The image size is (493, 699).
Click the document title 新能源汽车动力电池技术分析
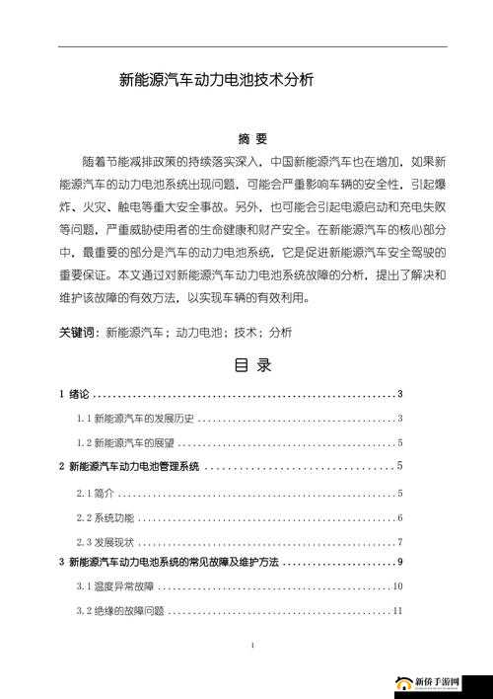coord(217,81)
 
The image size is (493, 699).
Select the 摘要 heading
coord(252,138)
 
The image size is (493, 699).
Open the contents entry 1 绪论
coord(74,395)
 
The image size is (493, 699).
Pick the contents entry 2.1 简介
coord(96,493)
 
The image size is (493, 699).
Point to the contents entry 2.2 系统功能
coord(106,517)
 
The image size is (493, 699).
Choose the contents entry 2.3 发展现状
coord(106,542)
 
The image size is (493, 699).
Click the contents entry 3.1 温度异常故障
coord(114,586)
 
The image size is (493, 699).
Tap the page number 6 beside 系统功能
coord(399,517)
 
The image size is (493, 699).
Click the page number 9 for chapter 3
coord(399,562)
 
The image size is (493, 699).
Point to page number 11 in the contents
coord(397,611)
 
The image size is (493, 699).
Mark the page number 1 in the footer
coord(252,646)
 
